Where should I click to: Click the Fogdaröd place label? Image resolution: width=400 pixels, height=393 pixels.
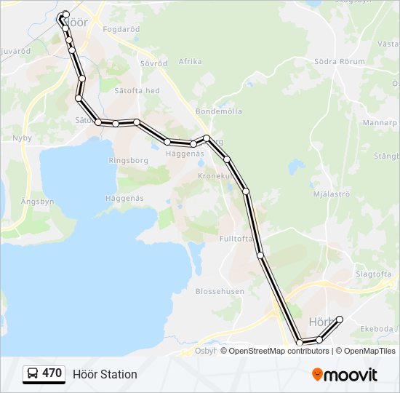[122, 30]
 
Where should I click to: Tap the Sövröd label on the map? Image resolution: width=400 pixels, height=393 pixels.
[153, 63]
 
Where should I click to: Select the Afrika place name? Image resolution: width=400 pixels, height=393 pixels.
[190, 62]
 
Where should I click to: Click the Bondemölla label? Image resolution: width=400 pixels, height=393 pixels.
[218, 111]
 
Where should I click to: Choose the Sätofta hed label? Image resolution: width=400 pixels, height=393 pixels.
[139, 90]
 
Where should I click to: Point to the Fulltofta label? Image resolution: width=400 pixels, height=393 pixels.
[235, 238]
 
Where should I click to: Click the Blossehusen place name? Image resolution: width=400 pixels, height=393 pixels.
[220, 291]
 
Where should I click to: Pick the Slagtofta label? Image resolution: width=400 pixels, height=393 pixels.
[373, 274]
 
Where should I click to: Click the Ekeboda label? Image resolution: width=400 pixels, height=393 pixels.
[376, 329]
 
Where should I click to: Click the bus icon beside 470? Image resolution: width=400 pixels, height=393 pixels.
[33, 374]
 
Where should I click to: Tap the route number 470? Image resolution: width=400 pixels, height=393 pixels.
[52, 373]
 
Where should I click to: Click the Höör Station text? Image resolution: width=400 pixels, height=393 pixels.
[105, 374]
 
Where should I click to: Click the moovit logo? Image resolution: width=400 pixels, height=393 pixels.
[345, 375]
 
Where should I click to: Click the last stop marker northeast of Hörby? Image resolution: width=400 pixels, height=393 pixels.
[339, 319]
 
